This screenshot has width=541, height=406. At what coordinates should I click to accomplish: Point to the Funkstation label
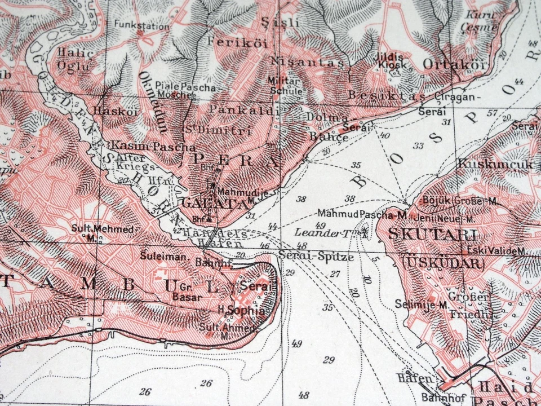[141, 25]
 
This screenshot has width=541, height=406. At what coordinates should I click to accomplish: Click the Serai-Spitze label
[316, 257]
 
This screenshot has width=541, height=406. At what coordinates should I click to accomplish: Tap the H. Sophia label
[241, 310]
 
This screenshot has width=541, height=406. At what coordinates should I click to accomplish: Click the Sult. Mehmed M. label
[103, 232]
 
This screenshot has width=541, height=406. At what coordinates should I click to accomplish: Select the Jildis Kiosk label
[392, 61]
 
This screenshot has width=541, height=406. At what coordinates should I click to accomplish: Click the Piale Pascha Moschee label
[176, 91]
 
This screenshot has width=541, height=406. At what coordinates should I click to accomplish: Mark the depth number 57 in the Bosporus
[492, 113]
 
